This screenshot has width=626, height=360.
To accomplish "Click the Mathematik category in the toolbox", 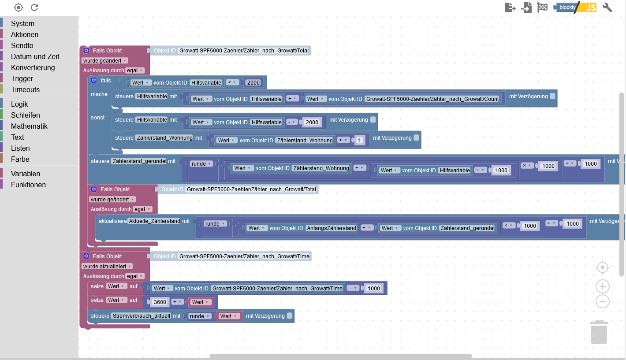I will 29,126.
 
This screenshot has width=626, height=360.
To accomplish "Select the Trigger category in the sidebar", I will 22,78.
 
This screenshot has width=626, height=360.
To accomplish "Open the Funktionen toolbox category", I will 28,185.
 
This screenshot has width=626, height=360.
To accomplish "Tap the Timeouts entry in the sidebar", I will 25,89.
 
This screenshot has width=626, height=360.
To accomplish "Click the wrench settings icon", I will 607,7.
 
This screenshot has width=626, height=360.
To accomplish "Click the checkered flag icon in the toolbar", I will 542,7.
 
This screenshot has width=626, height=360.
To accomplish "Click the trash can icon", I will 599,333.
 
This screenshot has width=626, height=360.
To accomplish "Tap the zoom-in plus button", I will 603,287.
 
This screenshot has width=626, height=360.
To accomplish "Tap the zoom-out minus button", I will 603,302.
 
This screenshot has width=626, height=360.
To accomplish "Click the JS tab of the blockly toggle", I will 590,7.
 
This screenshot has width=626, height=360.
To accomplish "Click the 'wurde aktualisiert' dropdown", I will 107,266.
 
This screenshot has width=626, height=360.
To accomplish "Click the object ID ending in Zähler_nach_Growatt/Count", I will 432,99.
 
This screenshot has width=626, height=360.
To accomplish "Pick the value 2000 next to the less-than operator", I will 253,82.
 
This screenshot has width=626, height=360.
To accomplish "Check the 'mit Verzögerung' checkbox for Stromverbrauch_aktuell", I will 290,315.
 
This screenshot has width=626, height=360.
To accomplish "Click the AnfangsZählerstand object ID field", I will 331,228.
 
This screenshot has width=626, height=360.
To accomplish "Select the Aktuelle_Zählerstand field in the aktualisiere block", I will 154,221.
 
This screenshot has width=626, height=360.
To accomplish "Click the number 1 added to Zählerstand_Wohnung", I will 360,141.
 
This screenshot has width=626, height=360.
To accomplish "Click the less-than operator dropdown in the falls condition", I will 232,82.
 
